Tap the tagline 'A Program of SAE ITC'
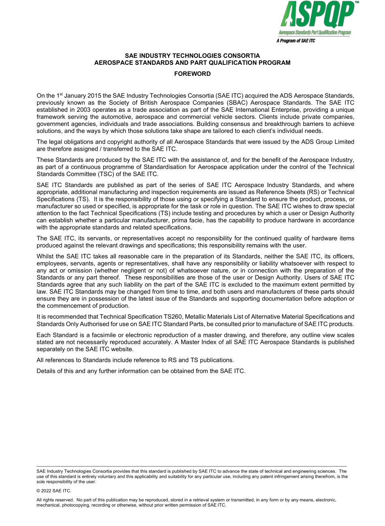tap(295, 41)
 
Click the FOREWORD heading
tap(192, 74)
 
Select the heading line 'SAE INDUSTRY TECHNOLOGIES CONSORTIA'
tap(192, 55)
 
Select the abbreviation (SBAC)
tap(230, 103)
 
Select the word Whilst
tap(45, 256)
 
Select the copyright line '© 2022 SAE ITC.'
tap(53, 491)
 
